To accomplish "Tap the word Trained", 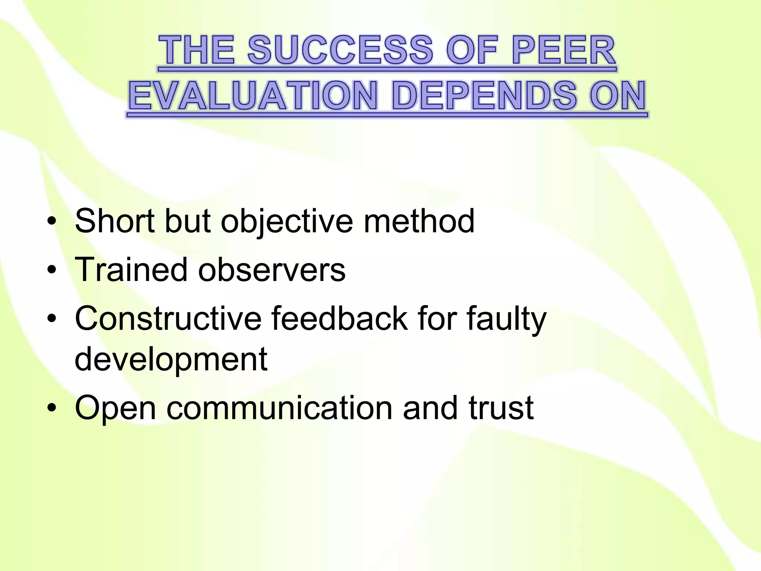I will (131, 270).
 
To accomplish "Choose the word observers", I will (272, 270).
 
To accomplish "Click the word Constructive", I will (168, 318).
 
